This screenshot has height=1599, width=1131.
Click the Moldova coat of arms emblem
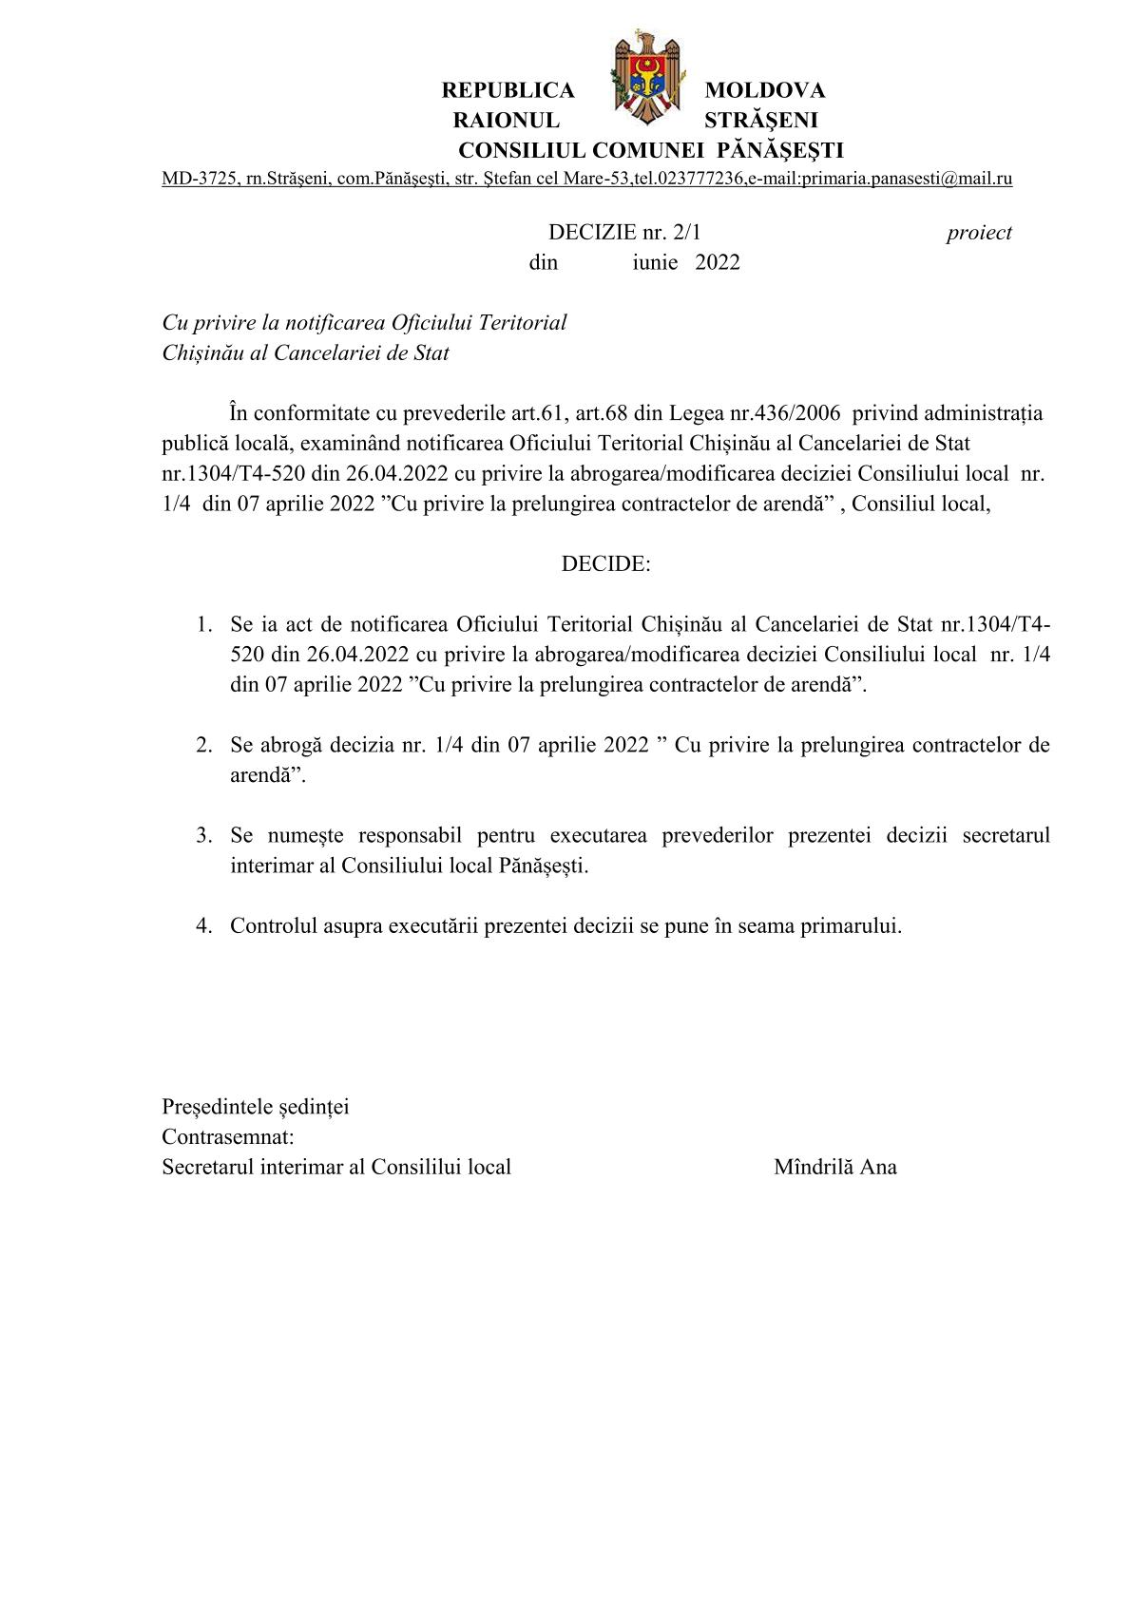tap(639, 77)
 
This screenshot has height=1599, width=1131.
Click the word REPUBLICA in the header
tap(508, 91)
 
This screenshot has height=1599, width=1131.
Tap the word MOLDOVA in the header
tap(764, 91)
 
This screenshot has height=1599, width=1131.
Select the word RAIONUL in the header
tap(507, 121)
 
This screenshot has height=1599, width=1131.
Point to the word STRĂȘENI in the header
tap(760, 121)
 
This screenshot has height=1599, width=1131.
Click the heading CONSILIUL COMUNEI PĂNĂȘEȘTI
tap(651, 150)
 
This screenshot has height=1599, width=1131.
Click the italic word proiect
tap(979, 233)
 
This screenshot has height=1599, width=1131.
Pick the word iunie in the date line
tap(655, 262)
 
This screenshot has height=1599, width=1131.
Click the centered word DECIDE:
tap(605, 563)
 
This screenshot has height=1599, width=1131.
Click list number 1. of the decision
tap(203, 624)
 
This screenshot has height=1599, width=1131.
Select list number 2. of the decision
tap(203, 745)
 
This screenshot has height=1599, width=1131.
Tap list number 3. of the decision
tap(203, 836)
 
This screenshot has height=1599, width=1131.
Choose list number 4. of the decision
tap(203, 926)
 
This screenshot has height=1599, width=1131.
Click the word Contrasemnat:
tap(228, 1137)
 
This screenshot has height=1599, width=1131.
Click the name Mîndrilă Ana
tap(834, 1167)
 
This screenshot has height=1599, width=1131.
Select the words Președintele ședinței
tap(256, 1108)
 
